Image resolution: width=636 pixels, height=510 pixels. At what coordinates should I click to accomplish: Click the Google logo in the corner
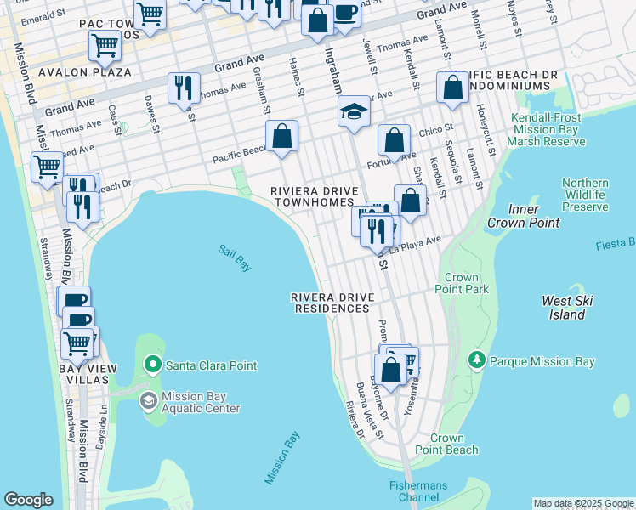point(28,500)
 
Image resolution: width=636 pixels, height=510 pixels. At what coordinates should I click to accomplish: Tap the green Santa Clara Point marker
point(153,366)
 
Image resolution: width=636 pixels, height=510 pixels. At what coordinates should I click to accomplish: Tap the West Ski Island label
point(566,308)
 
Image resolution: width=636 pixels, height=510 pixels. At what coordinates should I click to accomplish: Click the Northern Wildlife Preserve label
point(585,195)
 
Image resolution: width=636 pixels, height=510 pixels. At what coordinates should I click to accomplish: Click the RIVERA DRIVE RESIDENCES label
point(332,303)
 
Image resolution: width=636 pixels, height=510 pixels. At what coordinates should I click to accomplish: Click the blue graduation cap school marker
point(354,112)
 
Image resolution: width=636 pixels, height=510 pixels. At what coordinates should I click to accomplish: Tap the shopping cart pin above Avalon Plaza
point(105,44)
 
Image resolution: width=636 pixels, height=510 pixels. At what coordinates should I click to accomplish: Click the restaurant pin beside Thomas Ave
point(184,87)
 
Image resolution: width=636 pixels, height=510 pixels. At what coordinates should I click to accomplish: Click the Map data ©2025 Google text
point(583,503)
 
